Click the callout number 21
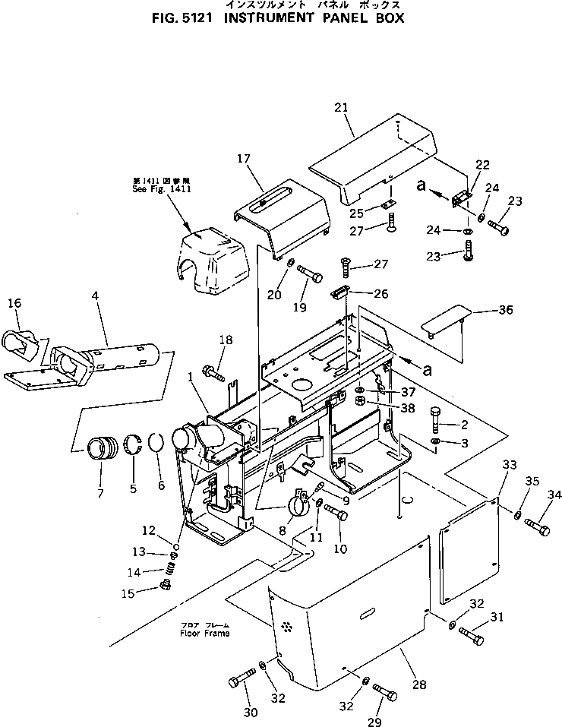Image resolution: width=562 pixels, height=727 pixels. coord(340,108)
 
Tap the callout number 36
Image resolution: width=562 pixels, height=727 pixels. coord(506,309)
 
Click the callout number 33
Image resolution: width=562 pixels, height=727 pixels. coord(508,464)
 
